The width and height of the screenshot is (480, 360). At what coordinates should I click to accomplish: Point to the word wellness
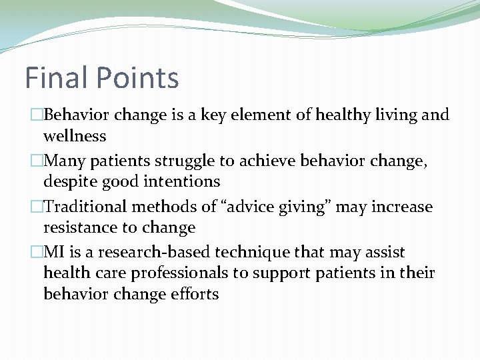[x=75, y=136]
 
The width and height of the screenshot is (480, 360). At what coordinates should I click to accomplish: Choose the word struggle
[x=179, y=161]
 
